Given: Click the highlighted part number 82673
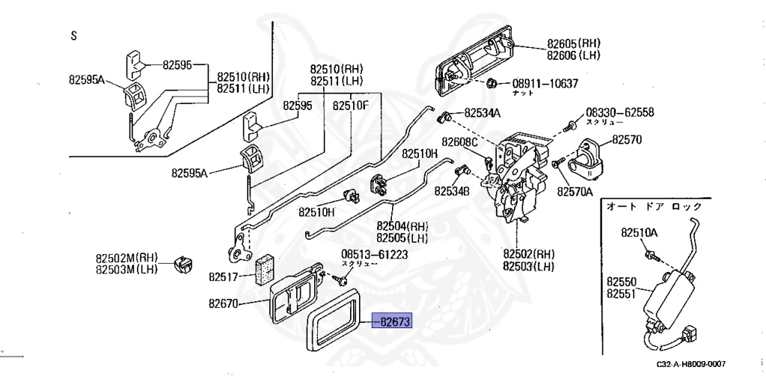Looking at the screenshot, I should tap(396, 324).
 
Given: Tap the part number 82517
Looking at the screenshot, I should tap(223, 277).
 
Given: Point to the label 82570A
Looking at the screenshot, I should tap(574, 191).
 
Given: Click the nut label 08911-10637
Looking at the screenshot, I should tap(545, 83).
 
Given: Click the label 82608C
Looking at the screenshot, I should tap(459, 142).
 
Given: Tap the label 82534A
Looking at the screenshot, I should tap(482, 114).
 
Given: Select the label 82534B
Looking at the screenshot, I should tap(452, 191).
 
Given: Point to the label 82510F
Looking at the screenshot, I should tap(351, 105).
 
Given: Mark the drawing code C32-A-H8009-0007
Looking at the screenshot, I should tap(691, 364).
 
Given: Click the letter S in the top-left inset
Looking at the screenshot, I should tap(73, 35).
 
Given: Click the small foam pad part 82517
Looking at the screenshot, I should tap(264, 268).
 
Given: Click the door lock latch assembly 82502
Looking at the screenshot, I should tap(516, 179).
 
